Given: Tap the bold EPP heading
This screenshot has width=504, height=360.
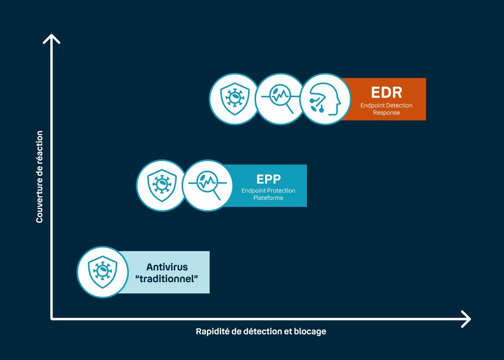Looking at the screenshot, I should tap(268, 179).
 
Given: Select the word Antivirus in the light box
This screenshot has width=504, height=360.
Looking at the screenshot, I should tap(167, 267).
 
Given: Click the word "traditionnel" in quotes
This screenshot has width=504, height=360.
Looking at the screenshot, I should tap(167, 278).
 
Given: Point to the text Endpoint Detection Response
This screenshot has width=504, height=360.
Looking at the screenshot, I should tap(386, 109).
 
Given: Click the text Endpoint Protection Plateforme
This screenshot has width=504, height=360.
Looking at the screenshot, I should tap(268, 194).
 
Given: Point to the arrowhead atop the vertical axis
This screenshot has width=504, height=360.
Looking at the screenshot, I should tap(52, 38).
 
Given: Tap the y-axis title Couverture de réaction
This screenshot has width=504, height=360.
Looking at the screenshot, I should tap(40, 177).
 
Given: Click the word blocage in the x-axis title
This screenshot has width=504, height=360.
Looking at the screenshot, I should tap(309, 332).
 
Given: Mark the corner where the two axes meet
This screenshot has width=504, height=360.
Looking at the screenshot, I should tap(52, 319).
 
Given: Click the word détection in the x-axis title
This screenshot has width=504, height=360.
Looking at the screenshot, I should tap(261, 332).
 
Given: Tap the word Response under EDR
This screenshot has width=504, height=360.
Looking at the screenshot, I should tap(386, 113).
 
